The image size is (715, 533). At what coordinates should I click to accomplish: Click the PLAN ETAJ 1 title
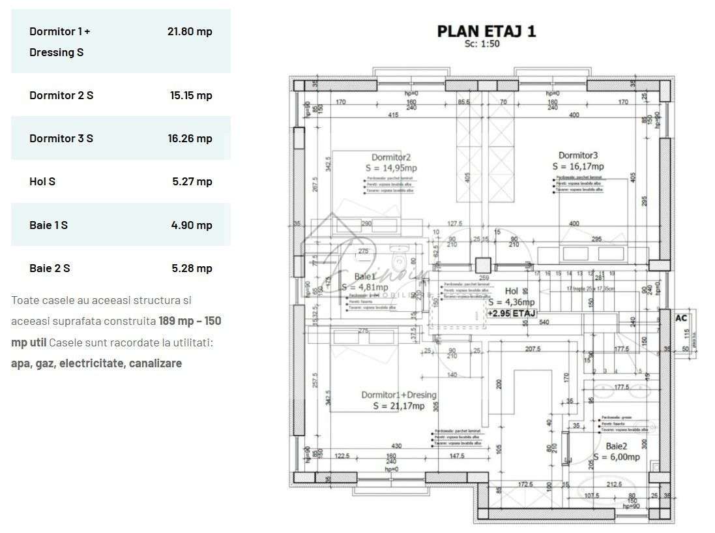(x=486, y=31)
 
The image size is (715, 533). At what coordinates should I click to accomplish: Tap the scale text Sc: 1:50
(x=482, y=44)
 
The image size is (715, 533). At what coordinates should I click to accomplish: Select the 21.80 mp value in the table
(x=190, y=31)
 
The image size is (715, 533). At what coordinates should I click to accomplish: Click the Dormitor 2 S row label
(x=61, y=95)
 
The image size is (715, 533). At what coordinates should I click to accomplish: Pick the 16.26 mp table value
(x=190, y=138)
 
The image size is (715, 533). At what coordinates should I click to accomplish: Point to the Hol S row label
(x=42, y=181)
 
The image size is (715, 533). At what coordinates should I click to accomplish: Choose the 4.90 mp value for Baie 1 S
(x=192, y=225)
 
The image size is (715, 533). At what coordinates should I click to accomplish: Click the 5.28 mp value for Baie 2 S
(x=192, y=268)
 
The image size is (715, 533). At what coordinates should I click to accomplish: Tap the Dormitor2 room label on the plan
(x=391, y=157)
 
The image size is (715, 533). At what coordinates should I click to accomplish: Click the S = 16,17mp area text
(x=578, y=166)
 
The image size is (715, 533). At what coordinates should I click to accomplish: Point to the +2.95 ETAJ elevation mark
(x=512, y=314)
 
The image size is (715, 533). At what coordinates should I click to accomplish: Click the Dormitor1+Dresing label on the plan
(x=399, y=395)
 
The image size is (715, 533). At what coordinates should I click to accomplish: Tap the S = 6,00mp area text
(x=616, y=457)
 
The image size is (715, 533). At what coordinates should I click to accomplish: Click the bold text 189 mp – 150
(x=190, y=321)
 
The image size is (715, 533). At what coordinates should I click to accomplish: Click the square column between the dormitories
(x=484, y=266)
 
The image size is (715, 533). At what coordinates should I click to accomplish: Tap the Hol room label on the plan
(x=512, y=292)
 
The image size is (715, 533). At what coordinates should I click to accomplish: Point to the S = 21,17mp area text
(x=399, y=406)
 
